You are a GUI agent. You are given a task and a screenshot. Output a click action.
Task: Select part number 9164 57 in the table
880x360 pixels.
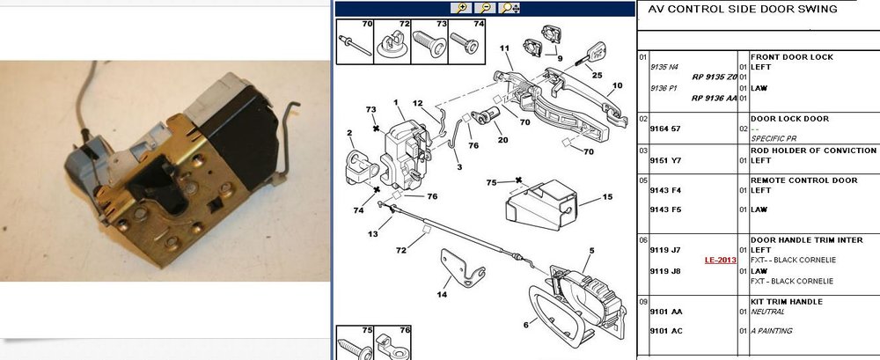(665, 129)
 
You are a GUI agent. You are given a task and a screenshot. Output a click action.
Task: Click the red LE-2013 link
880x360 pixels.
(721, 260)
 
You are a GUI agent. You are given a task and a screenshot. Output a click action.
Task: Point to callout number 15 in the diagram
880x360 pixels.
(607, 197)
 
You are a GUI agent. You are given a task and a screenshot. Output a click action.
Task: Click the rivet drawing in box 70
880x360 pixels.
(355, 46)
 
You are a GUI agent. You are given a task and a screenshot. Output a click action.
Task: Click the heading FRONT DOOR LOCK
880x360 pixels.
(791, 56)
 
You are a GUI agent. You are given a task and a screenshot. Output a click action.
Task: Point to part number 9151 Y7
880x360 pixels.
(665, 160)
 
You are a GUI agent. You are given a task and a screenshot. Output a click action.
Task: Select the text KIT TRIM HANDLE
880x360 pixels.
(786, 302)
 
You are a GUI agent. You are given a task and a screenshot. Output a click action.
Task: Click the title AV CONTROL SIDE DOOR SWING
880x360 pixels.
(743, 9)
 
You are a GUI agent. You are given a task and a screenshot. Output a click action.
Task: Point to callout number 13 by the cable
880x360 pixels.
(373, 234)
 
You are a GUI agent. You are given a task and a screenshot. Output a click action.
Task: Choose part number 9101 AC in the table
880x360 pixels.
(666, 331)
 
